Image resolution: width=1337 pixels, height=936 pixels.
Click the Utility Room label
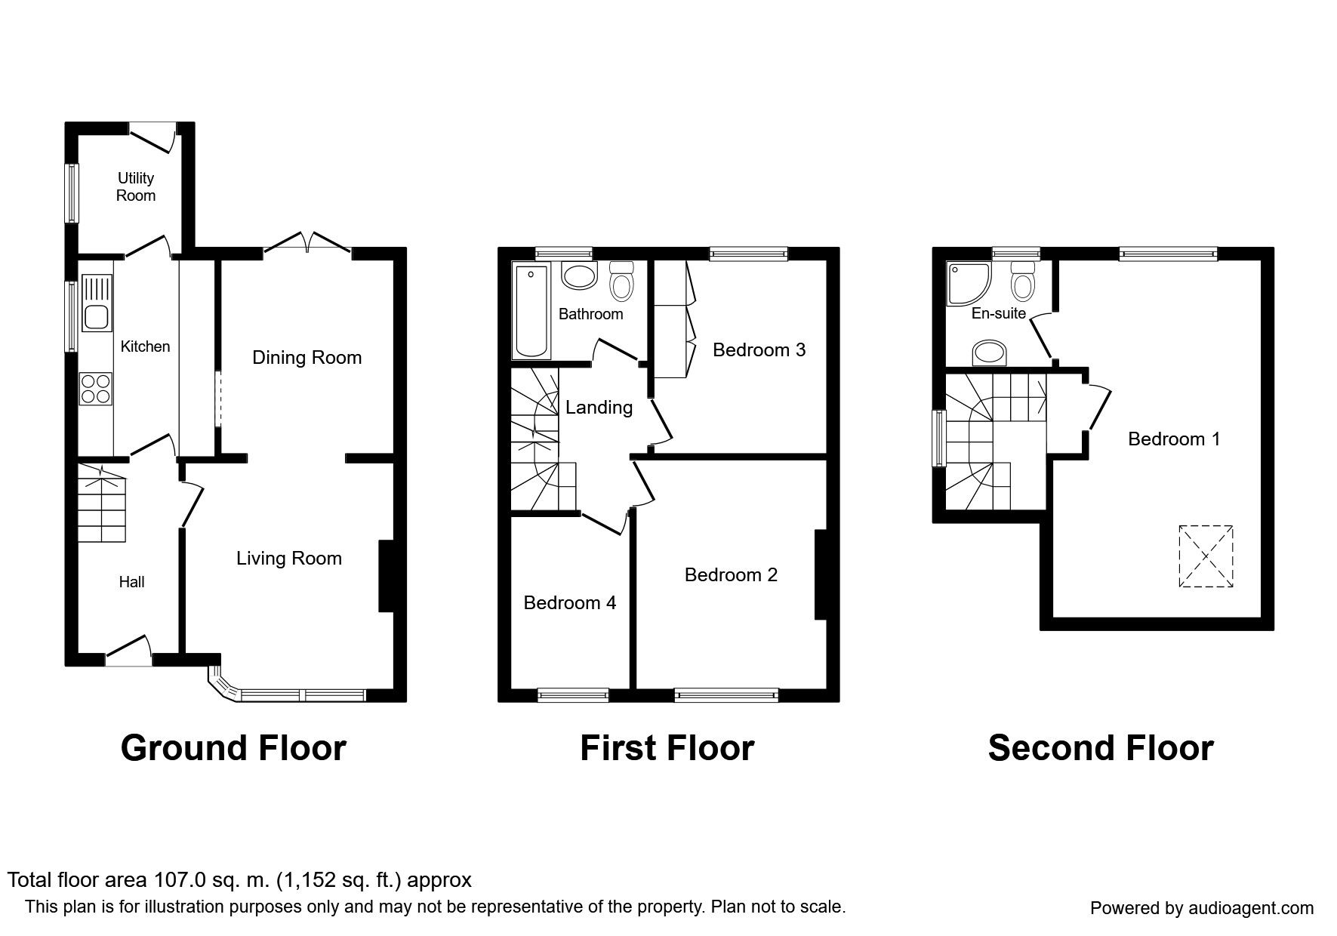pos(136,186)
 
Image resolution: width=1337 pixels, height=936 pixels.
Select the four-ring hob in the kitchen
pos(96,389)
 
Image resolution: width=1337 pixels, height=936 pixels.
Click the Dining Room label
pos(307,357)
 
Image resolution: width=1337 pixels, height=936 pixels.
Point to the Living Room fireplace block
pos(386,576)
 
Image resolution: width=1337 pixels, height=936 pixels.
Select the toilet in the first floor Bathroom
pos(621,282)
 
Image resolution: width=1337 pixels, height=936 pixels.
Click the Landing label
pos(599,408)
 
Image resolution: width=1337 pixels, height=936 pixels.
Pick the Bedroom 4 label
pos(569,602)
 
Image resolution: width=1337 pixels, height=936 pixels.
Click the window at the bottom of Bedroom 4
pos(573,695)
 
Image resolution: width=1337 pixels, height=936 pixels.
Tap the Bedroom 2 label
pos(730,574)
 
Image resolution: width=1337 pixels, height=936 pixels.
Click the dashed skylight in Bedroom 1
pos(1205,556)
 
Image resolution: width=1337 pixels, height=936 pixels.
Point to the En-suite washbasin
pos(990,352)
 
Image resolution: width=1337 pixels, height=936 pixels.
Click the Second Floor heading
pos(1100,747)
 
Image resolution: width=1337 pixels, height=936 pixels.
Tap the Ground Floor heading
pos(233,747)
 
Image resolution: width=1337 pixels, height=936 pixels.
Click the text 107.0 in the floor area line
pos(180,879)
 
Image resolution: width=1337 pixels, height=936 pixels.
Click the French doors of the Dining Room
pos(307,242)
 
